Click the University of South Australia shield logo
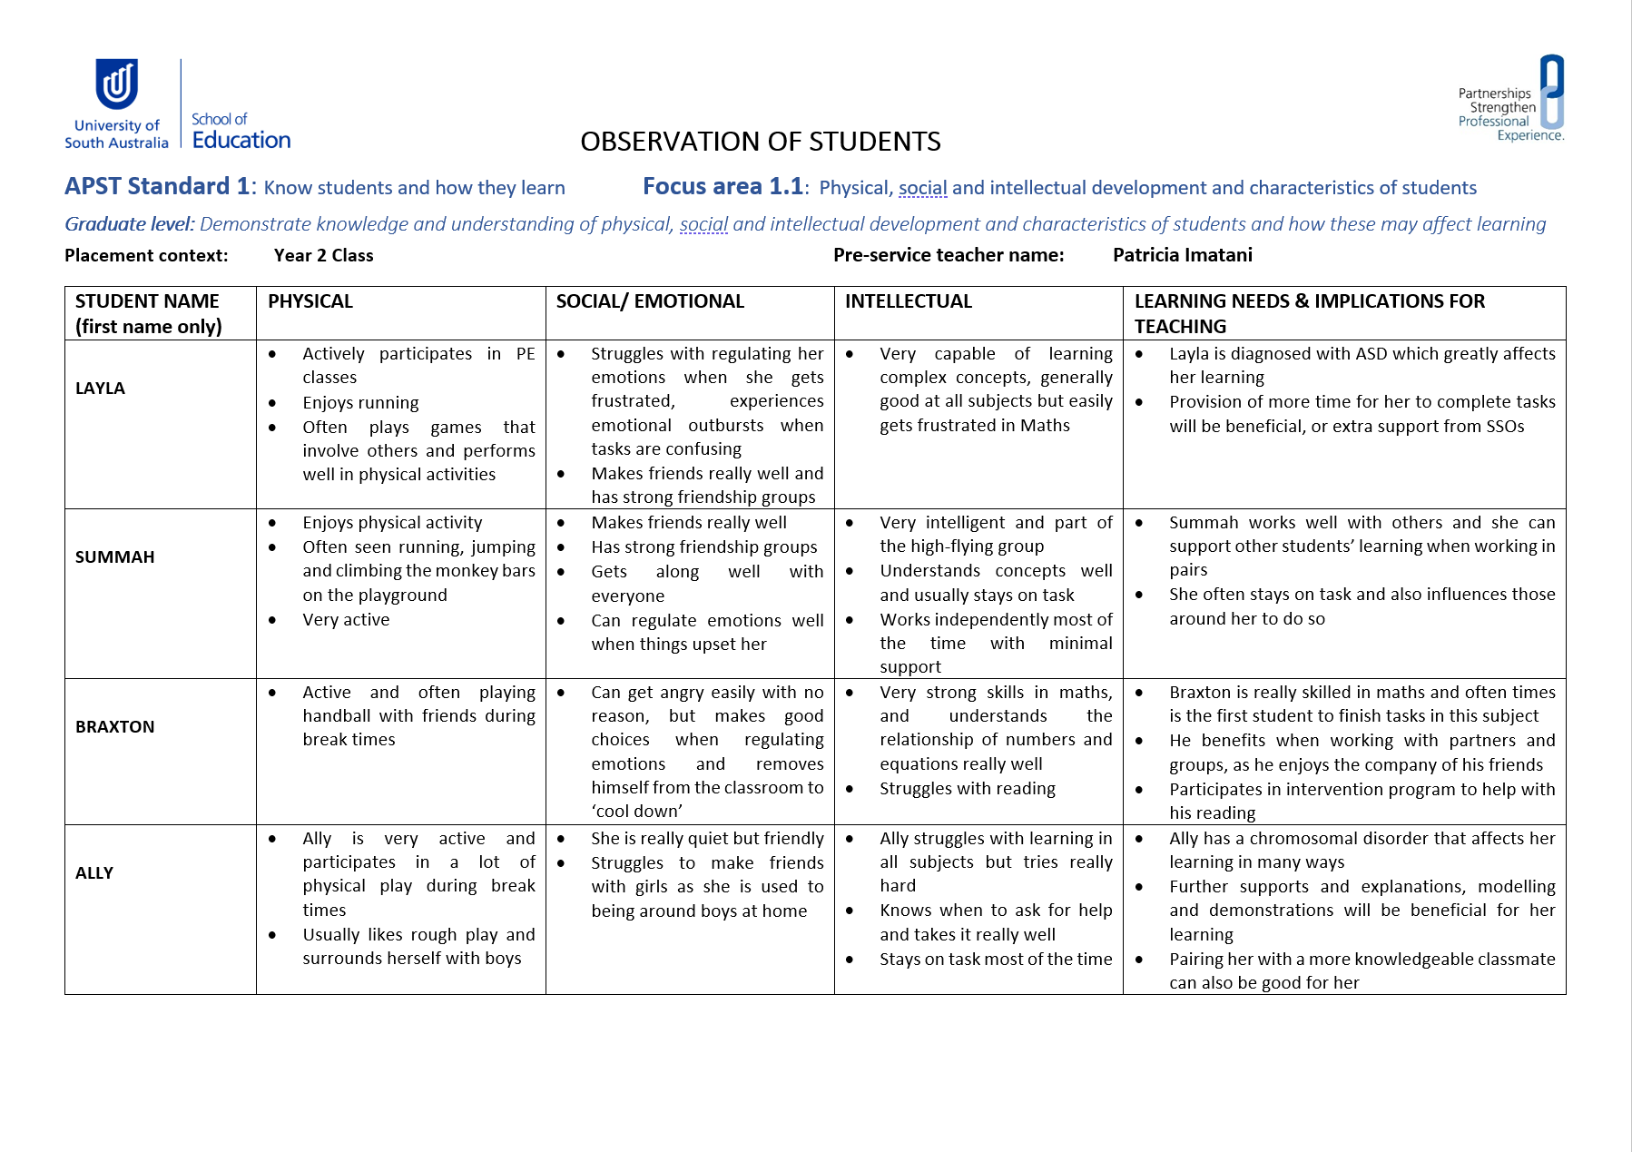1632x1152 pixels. coord(117,84)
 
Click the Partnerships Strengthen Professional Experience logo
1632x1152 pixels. coord(1512,99)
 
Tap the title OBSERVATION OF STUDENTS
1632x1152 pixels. coord(760,142)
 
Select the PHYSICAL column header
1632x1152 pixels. coord(310,301)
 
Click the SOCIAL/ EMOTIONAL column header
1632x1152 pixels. coord(650,301)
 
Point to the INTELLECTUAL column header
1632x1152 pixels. coord(908,301)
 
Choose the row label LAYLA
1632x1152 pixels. coord(100,389)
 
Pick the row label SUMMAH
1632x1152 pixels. coord(114,557)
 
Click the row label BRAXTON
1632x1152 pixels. coord(114,727)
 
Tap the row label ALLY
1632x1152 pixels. coord(94,873)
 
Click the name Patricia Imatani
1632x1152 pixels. coord(1182,255)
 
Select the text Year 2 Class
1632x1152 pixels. coord(323,256)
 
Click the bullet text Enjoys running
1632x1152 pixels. coord(360,403)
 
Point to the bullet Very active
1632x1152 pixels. coord(346,620)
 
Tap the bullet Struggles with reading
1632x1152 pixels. coord(967,789)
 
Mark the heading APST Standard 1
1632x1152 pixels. coord(156,186)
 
